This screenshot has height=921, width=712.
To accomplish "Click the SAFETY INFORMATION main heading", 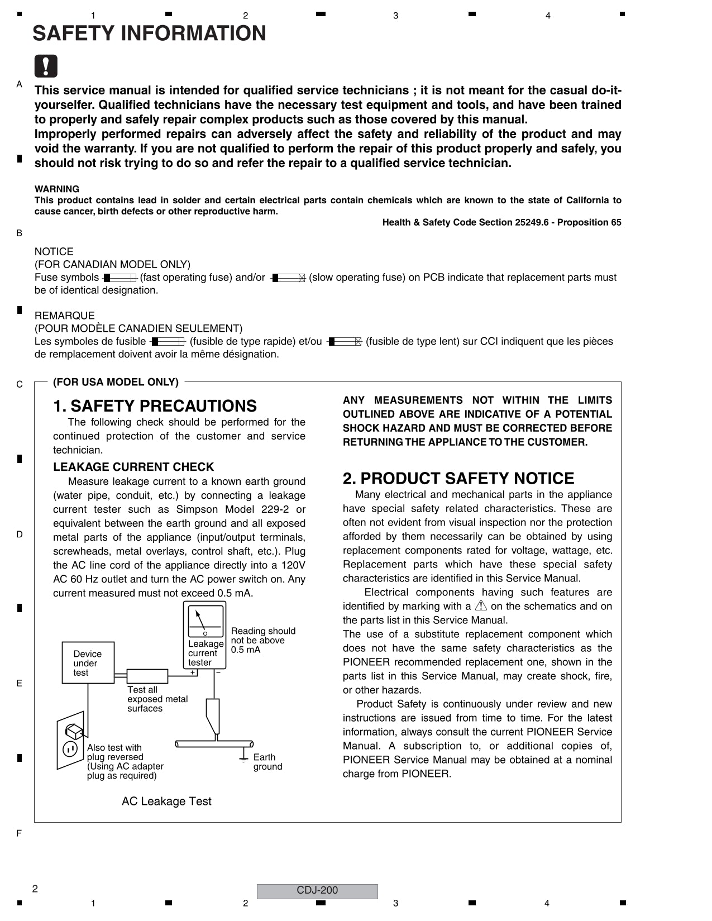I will point(149,34).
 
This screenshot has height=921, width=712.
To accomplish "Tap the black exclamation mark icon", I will point(46,66).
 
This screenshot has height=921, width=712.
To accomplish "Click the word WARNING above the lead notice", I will point(57,189).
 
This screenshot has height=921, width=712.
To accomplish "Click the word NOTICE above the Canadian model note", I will point(54,252).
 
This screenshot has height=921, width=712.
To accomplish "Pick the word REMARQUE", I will point(64,316).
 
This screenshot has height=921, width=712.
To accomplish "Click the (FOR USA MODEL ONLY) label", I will point(116,382).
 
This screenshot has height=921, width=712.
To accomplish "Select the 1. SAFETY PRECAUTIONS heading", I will point(155,406).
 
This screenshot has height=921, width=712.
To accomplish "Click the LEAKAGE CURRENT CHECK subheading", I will point(133,467).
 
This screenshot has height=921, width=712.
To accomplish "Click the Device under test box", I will point(88,663).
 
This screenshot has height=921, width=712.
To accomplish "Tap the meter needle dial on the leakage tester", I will point(205,621).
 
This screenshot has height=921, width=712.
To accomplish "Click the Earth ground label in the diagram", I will point(267,762).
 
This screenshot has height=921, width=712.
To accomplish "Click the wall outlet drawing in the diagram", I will point(71,741).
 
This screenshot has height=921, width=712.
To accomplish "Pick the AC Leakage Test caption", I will point(166,801).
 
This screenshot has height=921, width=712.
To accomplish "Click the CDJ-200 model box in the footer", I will point(317,891).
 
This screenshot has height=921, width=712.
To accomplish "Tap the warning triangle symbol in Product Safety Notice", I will point(481,606).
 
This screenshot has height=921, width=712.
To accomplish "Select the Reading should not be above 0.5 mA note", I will point(262,640).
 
